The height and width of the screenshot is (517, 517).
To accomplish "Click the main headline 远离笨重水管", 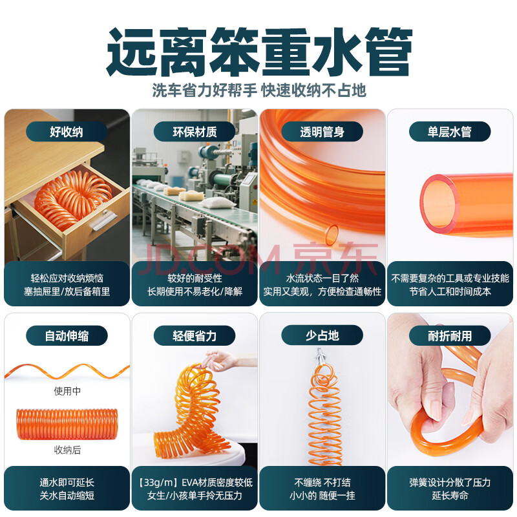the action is [x=259, y=52].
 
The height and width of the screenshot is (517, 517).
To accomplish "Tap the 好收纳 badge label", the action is [x=67, y=132].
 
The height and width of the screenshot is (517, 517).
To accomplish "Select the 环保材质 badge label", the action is [x=195, y=132].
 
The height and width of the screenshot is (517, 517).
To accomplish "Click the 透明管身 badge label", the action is [x=322, y=132].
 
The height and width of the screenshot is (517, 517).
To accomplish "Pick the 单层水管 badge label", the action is [x=450, y=132].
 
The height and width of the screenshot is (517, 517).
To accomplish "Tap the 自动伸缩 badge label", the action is [x=67, y=335].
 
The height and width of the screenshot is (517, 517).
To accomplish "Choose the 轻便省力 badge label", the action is [x=195, y=335].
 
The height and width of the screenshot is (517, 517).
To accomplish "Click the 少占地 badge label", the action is [x=322, y=335].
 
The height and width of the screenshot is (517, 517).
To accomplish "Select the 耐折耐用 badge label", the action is [x=450, y=335].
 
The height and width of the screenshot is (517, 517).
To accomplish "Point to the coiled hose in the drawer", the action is [x=72, y=200].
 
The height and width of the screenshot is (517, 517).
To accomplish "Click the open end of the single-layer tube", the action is [x=439, y=204].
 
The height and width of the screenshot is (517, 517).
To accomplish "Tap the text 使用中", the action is [x=67, y=391].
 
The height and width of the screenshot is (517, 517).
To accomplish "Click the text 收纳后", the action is [x=67, y=450].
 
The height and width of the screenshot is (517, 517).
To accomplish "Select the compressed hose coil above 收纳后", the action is [x=67, y=424].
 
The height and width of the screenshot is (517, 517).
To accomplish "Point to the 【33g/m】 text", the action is [x=157, y=482].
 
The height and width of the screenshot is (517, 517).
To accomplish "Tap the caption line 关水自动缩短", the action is [x=67, y=495].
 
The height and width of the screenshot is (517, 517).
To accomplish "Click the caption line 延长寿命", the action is [x=450, y=495].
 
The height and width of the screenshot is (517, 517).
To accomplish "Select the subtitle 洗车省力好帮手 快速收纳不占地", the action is [x=259, y=90].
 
